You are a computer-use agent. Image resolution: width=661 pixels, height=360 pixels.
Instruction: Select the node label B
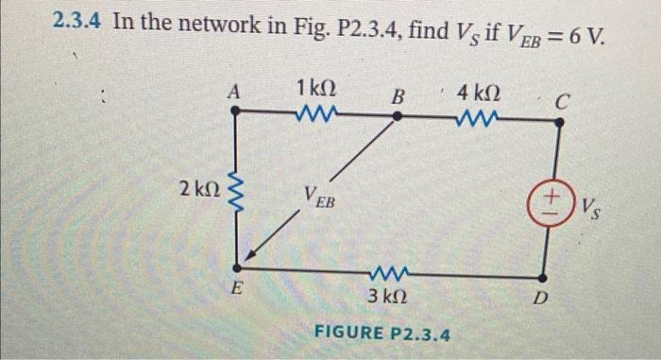[x=398, y=94]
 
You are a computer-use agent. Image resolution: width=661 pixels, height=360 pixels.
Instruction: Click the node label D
[x=539, y=300]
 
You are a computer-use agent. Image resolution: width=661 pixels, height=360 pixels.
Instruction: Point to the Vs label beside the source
[x=592, y=204]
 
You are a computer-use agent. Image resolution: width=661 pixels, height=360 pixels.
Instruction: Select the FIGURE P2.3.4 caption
[x=382, y=334]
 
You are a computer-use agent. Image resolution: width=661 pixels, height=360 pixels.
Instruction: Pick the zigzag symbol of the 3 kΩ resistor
[x=387, y=277]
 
